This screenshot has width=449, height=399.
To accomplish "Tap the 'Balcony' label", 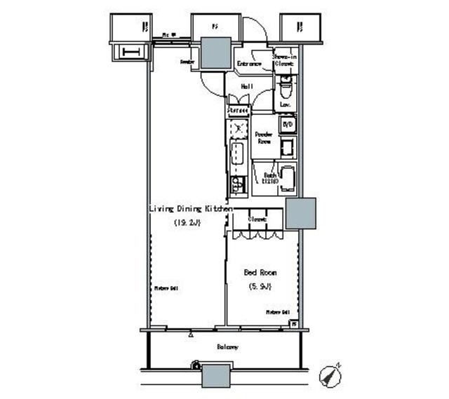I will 227,347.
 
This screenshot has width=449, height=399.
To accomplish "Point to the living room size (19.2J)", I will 187,223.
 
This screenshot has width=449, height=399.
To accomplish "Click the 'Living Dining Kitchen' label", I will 189,209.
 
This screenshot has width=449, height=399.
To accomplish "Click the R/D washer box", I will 287,125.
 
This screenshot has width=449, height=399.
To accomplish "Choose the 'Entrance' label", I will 249,65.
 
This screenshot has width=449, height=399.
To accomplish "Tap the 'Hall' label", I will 247,86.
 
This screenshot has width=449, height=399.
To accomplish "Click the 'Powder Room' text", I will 264,137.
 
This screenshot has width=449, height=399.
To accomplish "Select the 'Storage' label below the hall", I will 239,110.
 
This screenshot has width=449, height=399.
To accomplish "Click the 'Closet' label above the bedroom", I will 257,219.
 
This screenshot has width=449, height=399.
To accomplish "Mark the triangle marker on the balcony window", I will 191,335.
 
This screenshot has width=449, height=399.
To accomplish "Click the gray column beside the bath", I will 300,214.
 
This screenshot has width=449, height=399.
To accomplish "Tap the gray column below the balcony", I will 216,376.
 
